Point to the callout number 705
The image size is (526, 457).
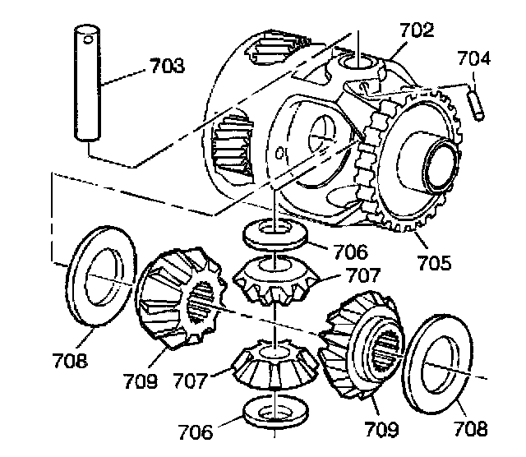433,263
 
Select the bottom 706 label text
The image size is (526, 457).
195,431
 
